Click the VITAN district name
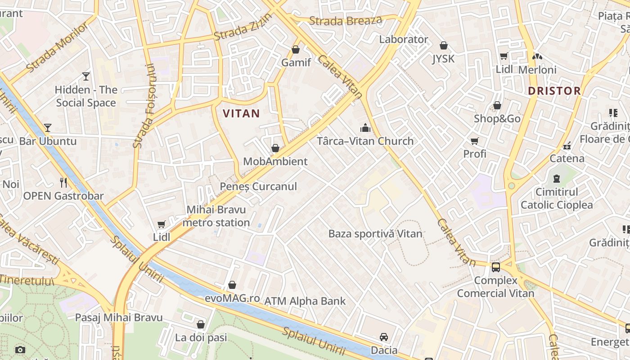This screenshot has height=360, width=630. tap(241, 113)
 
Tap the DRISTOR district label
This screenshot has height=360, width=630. tap(554, 91)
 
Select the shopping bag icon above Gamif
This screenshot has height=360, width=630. tap(296, 49)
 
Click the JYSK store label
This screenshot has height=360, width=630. tap(443, 59)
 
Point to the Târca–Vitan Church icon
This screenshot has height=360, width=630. tap(365, 128)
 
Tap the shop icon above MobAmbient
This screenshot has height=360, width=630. tap(275, 148)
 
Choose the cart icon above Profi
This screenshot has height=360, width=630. tap(474, 141)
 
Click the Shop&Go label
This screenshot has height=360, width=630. tap(497, 119)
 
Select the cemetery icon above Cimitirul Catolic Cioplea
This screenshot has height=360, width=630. tap(557, 179)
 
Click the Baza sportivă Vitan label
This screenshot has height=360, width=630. tap(375, 234)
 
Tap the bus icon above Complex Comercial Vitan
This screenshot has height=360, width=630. tap(496, 267)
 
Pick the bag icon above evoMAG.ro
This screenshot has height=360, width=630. tap(232, 285)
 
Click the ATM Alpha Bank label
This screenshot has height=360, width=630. tap(305, 301)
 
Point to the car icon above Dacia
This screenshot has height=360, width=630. tap(383, 337)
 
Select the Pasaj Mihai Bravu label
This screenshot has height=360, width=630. tap(118, 318)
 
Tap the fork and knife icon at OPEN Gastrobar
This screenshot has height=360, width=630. tap(63, 182)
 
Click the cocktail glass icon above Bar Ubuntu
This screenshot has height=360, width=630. tap(47, 128)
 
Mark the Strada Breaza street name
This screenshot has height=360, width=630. tap(346, 21)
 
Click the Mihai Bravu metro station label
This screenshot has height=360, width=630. tap(216, 216)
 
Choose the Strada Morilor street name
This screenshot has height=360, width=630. tap(57, 47)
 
